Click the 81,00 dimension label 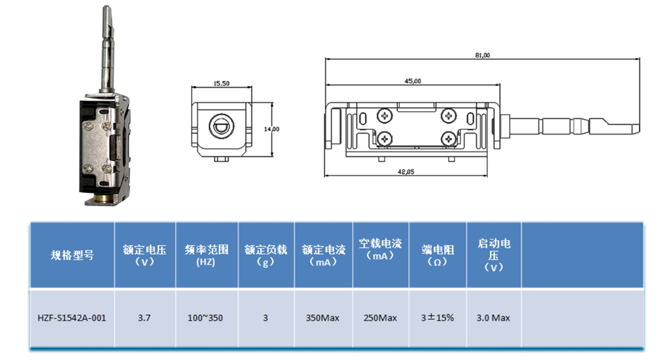482,55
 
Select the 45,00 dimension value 413,81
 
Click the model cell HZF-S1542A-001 72,318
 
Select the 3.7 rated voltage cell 144,318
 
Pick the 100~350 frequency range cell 206,318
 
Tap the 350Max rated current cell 323,318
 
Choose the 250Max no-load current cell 380,318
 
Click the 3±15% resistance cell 437,318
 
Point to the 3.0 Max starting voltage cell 493,318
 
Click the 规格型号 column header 72,255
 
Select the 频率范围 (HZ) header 206,255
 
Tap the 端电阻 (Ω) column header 437,255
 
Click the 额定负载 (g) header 265,255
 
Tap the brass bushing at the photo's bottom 104,199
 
